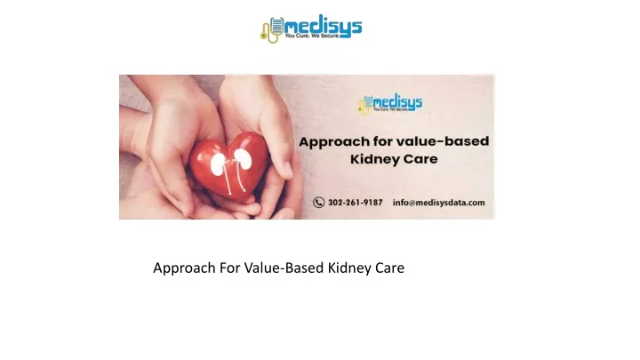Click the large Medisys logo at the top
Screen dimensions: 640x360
click(x=311, y=28)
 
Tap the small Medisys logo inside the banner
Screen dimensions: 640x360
click(x=390, y=104)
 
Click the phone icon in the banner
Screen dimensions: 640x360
click(x=319, y=203)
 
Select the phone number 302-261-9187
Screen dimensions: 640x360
click(x=355, y=203)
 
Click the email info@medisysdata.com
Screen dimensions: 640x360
click(x=439, y=203)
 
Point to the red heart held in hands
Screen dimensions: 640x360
click(x=228, y=165)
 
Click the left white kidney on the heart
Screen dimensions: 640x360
click(x=219, y=164)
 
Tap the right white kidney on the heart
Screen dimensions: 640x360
click(x=243, y=159)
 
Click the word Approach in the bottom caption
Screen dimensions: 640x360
click(x=184, y=268)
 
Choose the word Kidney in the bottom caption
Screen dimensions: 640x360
click(x=349, y=268)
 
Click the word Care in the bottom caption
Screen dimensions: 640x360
click(x=390, y=268)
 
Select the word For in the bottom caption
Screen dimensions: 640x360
click(x=230, y=268)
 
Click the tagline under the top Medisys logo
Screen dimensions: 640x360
click(x=312, y=36)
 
